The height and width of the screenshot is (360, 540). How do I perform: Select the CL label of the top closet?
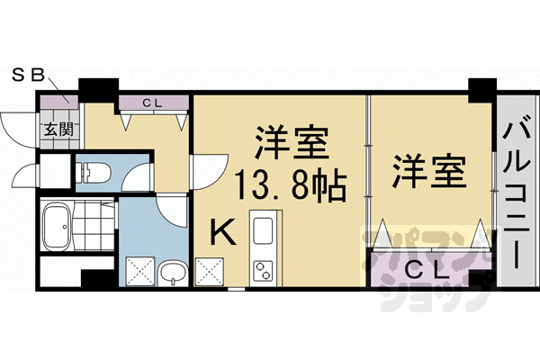coord(151,102)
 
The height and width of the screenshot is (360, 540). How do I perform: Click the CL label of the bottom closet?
coord(421,268)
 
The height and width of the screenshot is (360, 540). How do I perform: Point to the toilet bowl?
coord(94,169)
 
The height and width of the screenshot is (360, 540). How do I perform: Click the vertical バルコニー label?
coord(517,193)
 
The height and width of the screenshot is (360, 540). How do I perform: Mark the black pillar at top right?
coord(481,90)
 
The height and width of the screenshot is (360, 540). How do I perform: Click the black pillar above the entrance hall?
coord(98,89)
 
